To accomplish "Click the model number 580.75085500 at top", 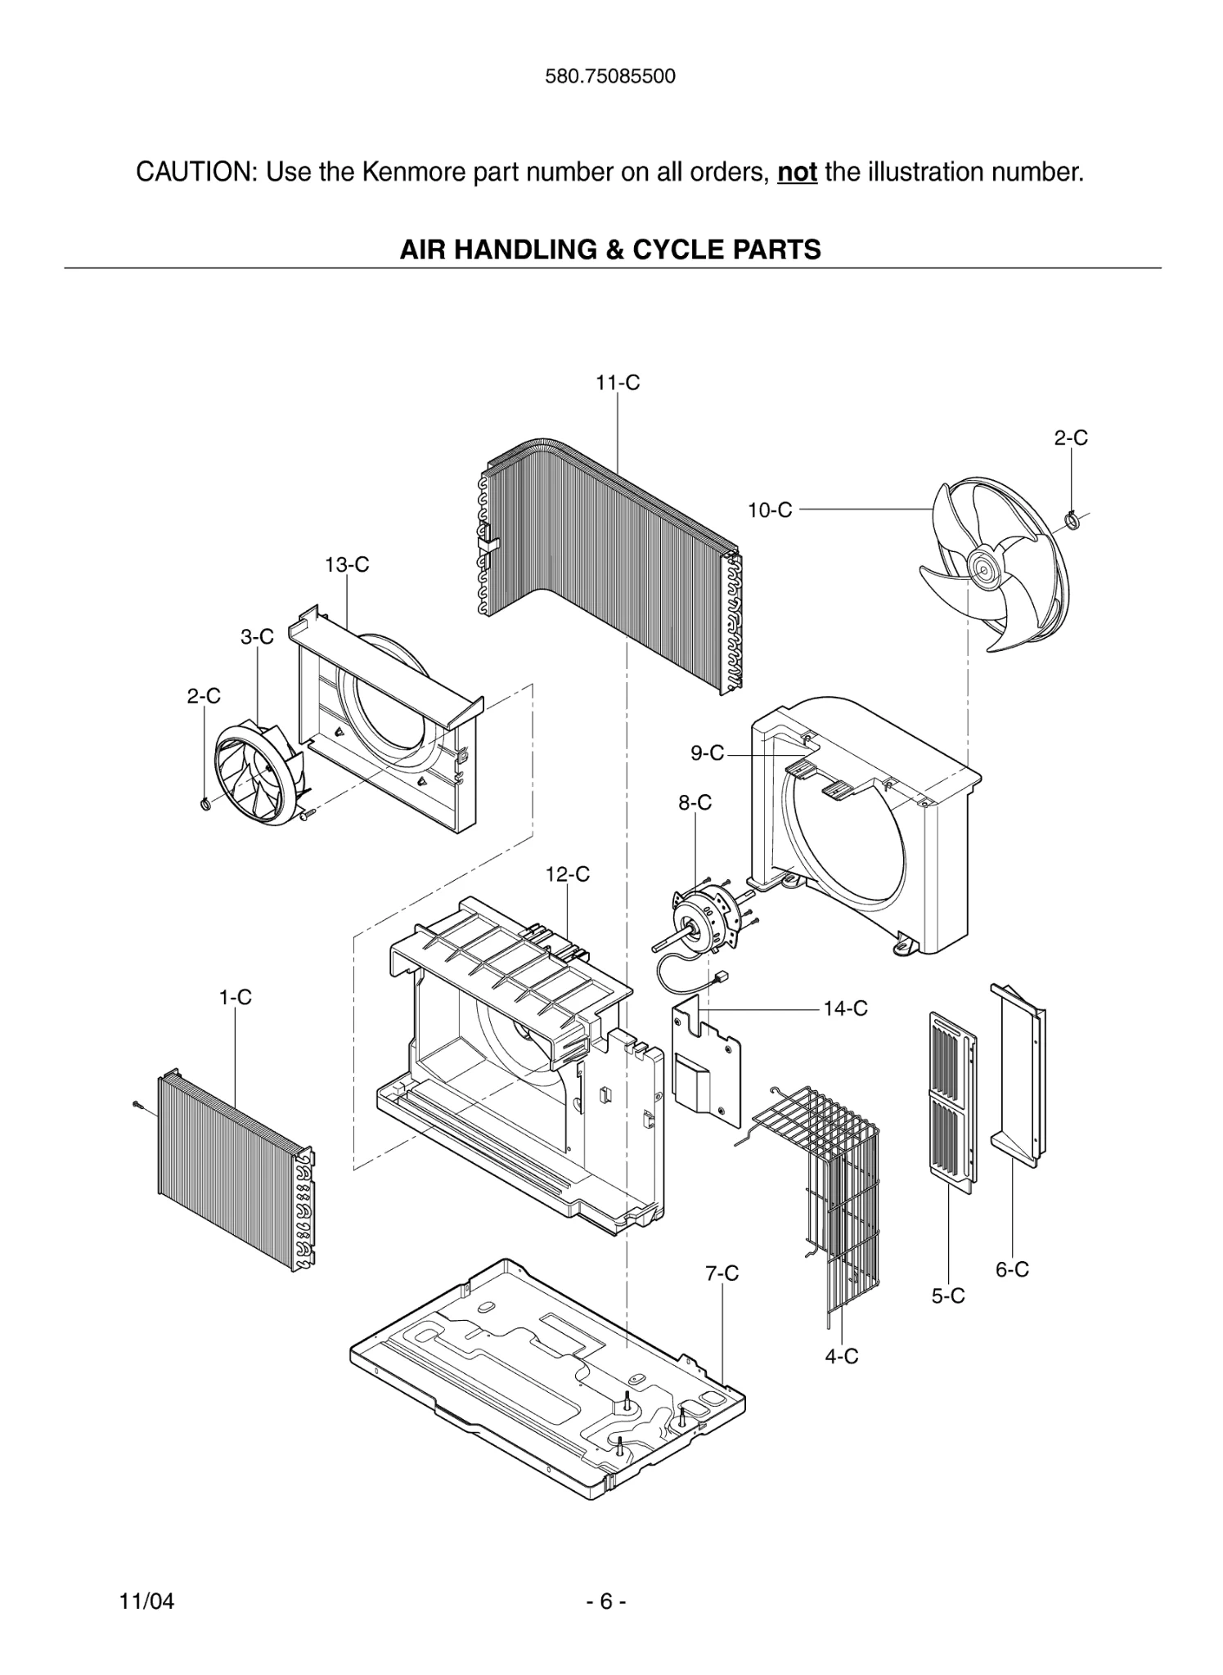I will pyautogui.click(x=610, y=77).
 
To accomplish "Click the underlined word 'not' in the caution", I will pyautogui.click(x=797, y=173).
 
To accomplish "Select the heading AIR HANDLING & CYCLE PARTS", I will pyautogui.click(x=610, y=249).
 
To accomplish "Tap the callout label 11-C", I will pyautogui.click(x=618, y=383).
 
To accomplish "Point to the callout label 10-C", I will pyautogui.click(x=770, y=510).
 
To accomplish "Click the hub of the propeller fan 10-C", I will pyautogui.click(x=979, y=566).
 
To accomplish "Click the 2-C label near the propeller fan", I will pyautogui.click(x=1070, y=438).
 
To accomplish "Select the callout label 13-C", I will pyautogui.click(x=347, y=565).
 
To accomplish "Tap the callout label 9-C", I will pyautogui.click(x=708, y=753).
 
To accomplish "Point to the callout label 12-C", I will pyautogui.click(x=568, y=874).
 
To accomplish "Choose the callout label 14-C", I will pyautogui.click(x=845, y=1009).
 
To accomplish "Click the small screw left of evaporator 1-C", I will pyautogui.click(x=137, y=1106).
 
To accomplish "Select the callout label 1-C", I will pyautogui.click(x=235, y=998).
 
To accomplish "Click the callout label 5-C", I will pyautogui.click(x=948, y=1296).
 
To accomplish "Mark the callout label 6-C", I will pyautogui.click(x=1012, y=1270).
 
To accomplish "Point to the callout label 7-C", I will pyautogui.click(x=722, y=1273).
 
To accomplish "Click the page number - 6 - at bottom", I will pyautogui.click(x=606, y=1601).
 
